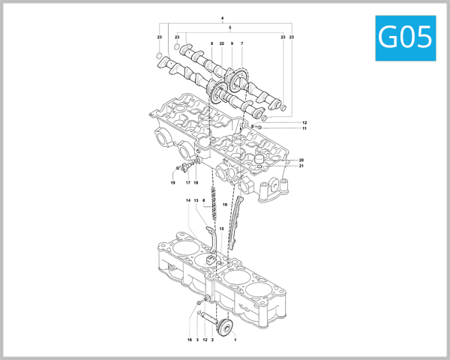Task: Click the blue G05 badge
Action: (x=405, y=36)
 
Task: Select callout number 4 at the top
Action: (x=223, y=17)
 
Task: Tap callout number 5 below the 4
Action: (x=229, y=27)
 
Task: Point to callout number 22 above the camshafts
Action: (x=222, y=44)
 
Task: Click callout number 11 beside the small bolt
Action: (x=304, y=129)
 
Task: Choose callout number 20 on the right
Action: (x=301, y=160)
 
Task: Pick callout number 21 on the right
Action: (x=301, y=166)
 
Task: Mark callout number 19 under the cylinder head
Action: (x=172, y=183)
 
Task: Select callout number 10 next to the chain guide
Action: (x=224, y=204)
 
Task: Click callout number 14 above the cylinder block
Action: (x=188, y=201)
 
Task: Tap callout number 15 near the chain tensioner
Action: (x=221, y=228)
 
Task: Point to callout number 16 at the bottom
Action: (x=190, y=340)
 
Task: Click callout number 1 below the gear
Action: (x=235, y=340)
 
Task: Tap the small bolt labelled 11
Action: (x=258, y=127)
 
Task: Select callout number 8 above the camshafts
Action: (x=212, y=44)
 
